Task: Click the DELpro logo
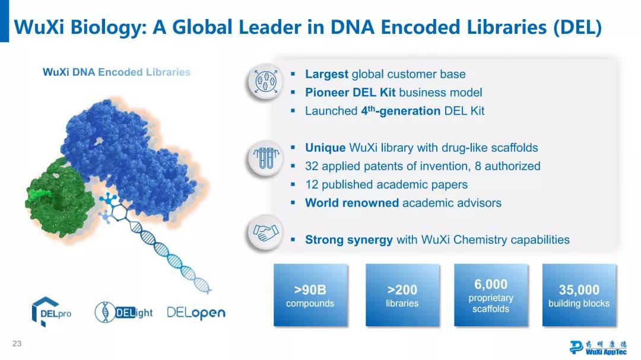tap(51, 312)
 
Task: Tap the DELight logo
tap(123, 313)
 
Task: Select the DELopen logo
tap(196, 313)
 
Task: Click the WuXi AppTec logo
tap(598, 347)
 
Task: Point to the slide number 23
tap(17, 343)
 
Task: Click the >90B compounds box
tap(310, 295)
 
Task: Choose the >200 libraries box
tap(402, 295)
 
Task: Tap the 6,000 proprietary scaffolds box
tap(491, 295)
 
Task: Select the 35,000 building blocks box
tap(579, 295)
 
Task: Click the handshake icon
tap(266, 232)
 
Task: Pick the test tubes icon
tap(266, 158)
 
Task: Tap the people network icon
tap(266, 81)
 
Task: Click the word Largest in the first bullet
tap(326, 74)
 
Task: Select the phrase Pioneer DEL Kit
tap(350, 93)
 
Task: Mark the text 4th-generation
tap(401, 111)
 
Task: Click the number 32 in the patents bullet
tap(312, 166)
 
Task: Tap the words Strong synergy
tap(349, 240)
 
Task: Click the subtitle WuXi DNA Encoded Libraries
tap(116, 72)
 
